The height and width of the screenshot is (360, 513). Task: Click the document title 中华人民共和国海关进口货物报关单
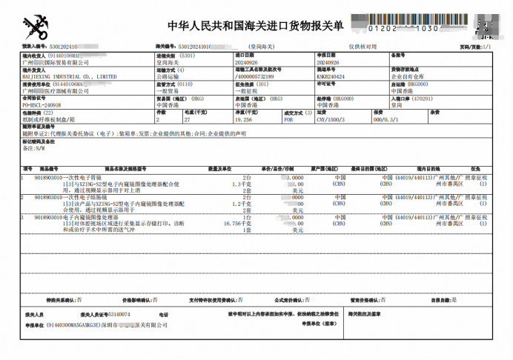pyautogui.click(x=256, y=26)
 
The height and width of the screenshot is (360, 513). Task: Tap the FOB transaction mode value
pyautogui.click(x=288, y=119)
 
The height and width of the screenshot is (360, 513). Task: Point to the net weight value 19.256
pyautogui.click(x=244, y=119)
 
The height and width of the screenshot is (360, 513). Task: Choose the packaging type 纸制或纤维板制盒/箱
pyautogui.click(x=50, y=119)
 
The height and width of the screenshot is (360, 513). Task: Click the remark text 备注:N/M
pyautogui.click(x=36, y=149)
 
